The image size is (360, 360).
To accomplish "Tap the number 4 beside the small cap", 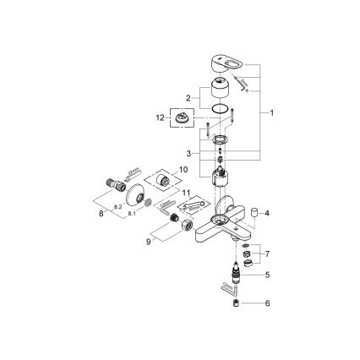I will point(267,213).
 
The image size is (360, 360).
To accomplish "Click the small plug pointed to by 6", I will point(237,302).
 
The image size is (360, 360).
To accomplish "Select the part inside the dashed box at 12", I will point(183,118).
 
